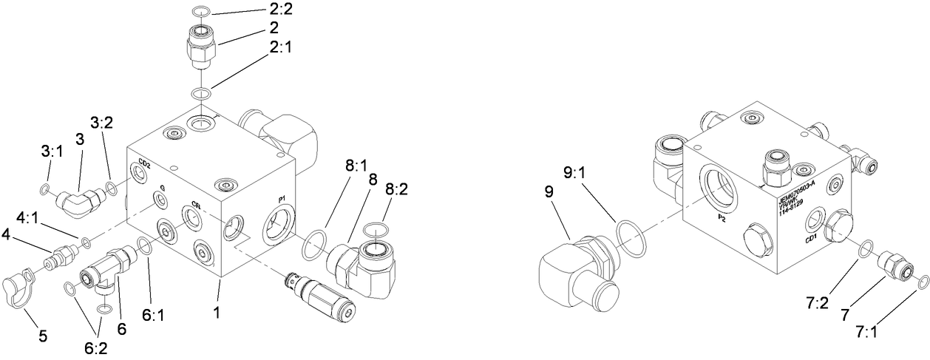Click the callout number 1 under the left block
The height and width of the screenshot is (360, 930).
point(217,313)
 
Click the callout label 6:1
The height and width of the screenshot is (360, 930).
point(153,313)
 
